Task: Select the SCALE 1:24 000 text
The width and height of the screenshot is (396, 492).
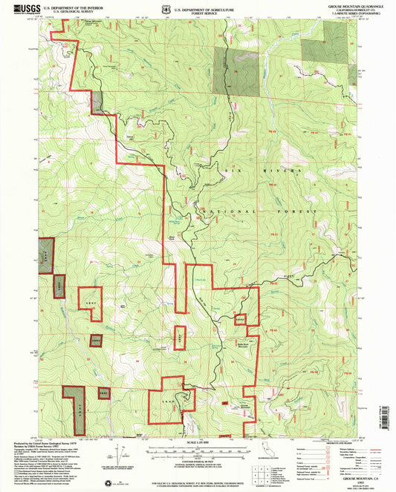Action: point(198,443)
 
